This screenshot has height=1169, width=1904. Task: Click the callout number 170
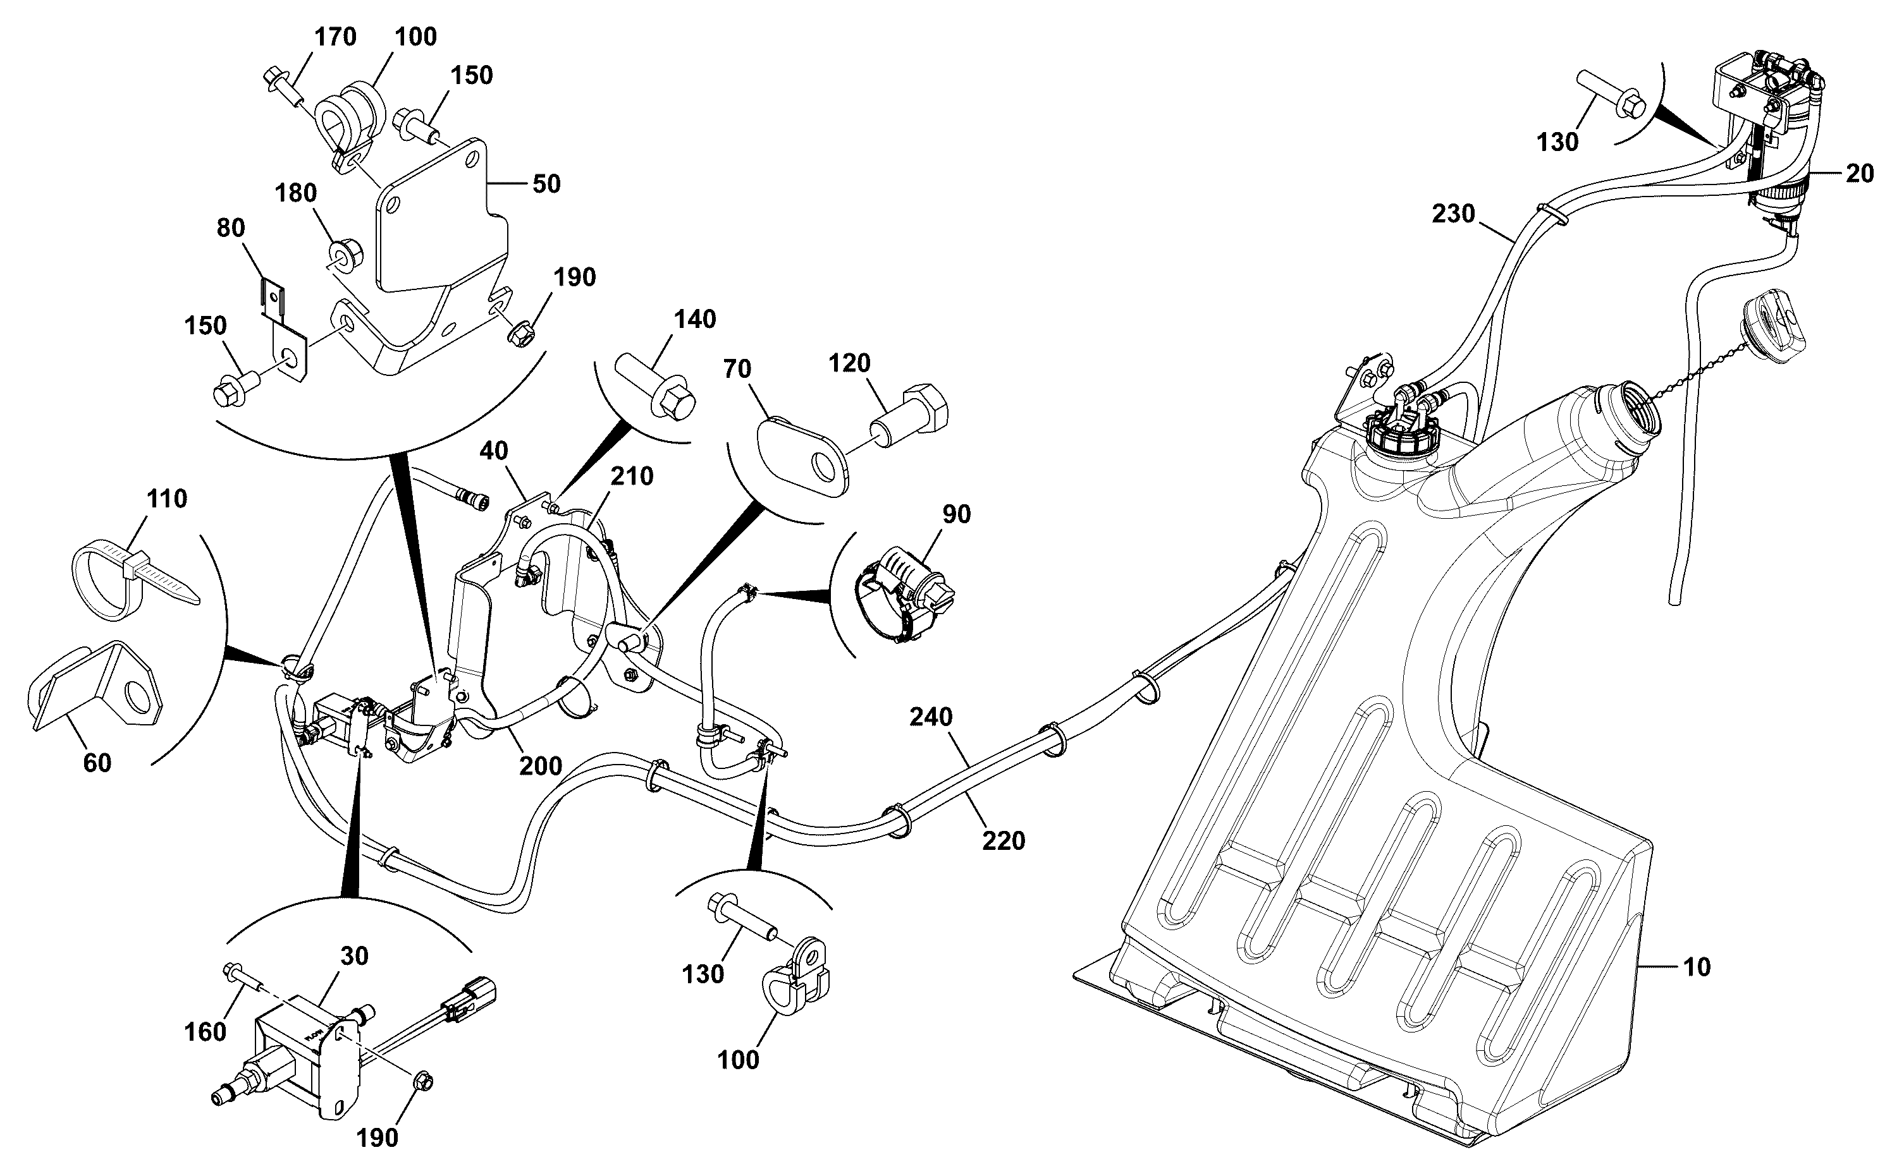(x=335, y=37)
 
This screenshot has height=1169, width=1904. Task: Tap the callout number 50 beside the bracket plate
(x=546, y=184)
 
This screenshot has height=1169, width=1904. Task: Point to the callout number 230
(x=1453, y=214)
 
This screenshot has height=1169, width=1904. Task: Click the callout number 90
(x=956, y=514)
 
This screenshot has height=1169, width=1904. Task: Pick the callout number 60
(x=97, y=763)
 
